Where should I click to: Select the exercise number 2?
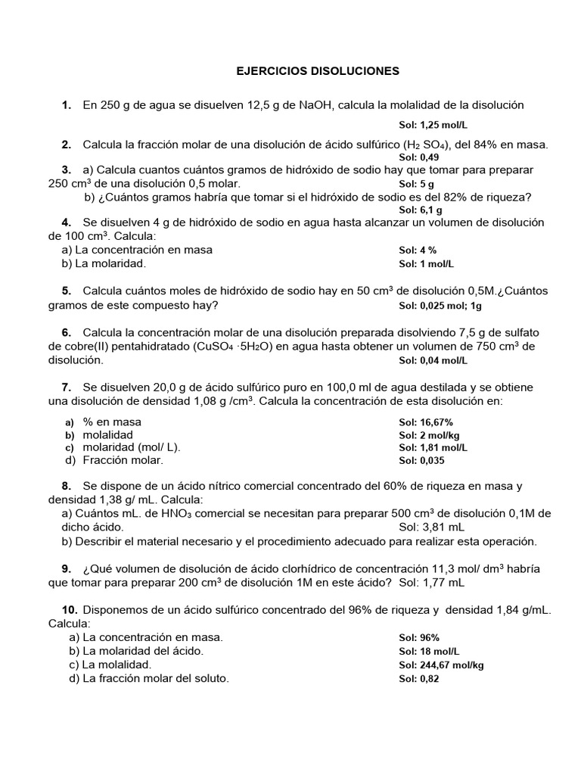(x=67, y=145)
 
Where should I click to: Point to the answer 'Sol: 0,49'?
(x=419, y=157)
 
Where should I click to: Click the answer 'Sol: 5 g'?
(x=416, y=184)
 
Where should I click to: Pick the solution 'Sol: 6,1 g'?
(x=421, y=210)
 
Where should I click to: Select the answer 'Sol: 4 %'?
(x=418, y=251)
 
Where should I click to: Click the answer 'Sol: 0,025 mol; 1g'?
(x=440, y=306)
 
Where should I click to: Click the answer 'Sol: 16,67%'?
(x=426, y=422)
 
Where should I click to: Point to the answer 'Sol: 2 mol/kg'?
(x=430, y=435)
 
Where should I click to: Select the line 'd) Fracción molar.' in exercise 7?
(x=113, y=460)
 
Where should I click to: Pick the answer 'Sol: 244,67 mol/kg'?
(x=441, y=665)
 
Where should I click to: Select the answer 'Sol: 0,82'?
(x=419, y=679)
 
